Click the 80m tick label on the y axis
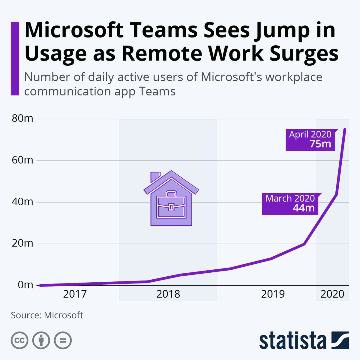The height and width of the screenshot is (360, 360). (x=22, y=118)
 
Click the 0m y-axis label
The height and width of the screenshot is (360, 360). (x=25, y=285)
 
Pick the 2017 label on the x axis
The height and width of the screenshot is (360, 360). (x=75, y=294)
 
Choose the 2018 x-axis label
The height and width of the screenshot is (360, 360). (x=168, y=294)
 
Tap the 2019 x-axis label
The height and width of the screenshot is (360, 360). (x=273, y=294)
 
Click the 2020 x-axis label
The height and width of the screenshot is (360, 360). (x=332, y=294)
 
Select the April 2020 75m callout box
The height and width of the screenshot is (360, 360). (x=310, y=139)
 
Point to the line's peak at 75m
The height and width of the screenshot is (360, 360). (x=345, y=130)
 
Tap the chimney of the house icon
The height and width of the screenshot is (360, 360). (x=155, y=176)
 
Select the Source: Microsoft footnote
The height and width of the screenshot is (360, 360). (x=47, y=315)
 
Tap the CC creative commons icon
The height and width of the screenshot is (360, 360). (x=19, y=340)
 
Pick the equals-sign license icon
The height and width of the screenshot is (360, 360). (x=63, y=340)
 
